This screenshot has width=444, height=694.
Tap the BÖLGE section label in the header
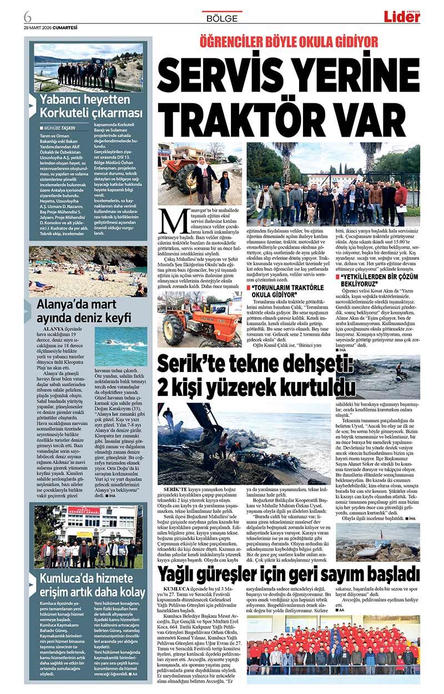tap(221, 18)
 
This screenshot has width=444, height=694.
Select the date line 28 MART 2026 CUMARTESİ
tap(51, 27)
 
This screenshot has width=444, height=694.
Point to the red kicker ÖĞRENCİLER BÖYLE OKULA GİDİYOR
tap(289, 42)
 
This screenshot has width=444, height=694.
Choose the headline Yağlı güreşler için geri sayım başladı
tap(289, 572)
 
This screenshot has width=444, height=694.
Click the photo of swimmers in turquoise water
tap(121, 346)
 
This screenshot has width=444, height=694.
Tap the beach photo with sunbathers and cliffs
tap(88, 271)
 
